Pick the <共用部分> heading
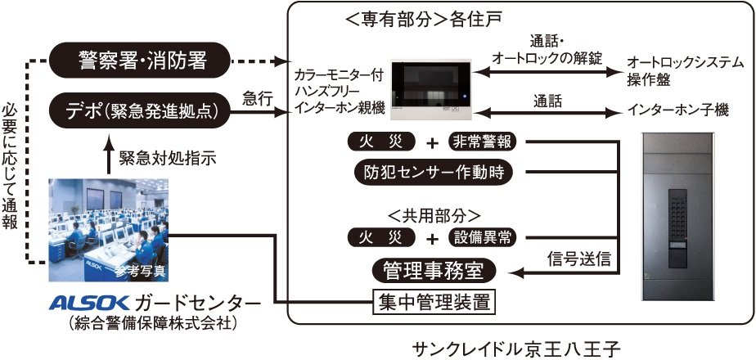pos(434,215)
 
